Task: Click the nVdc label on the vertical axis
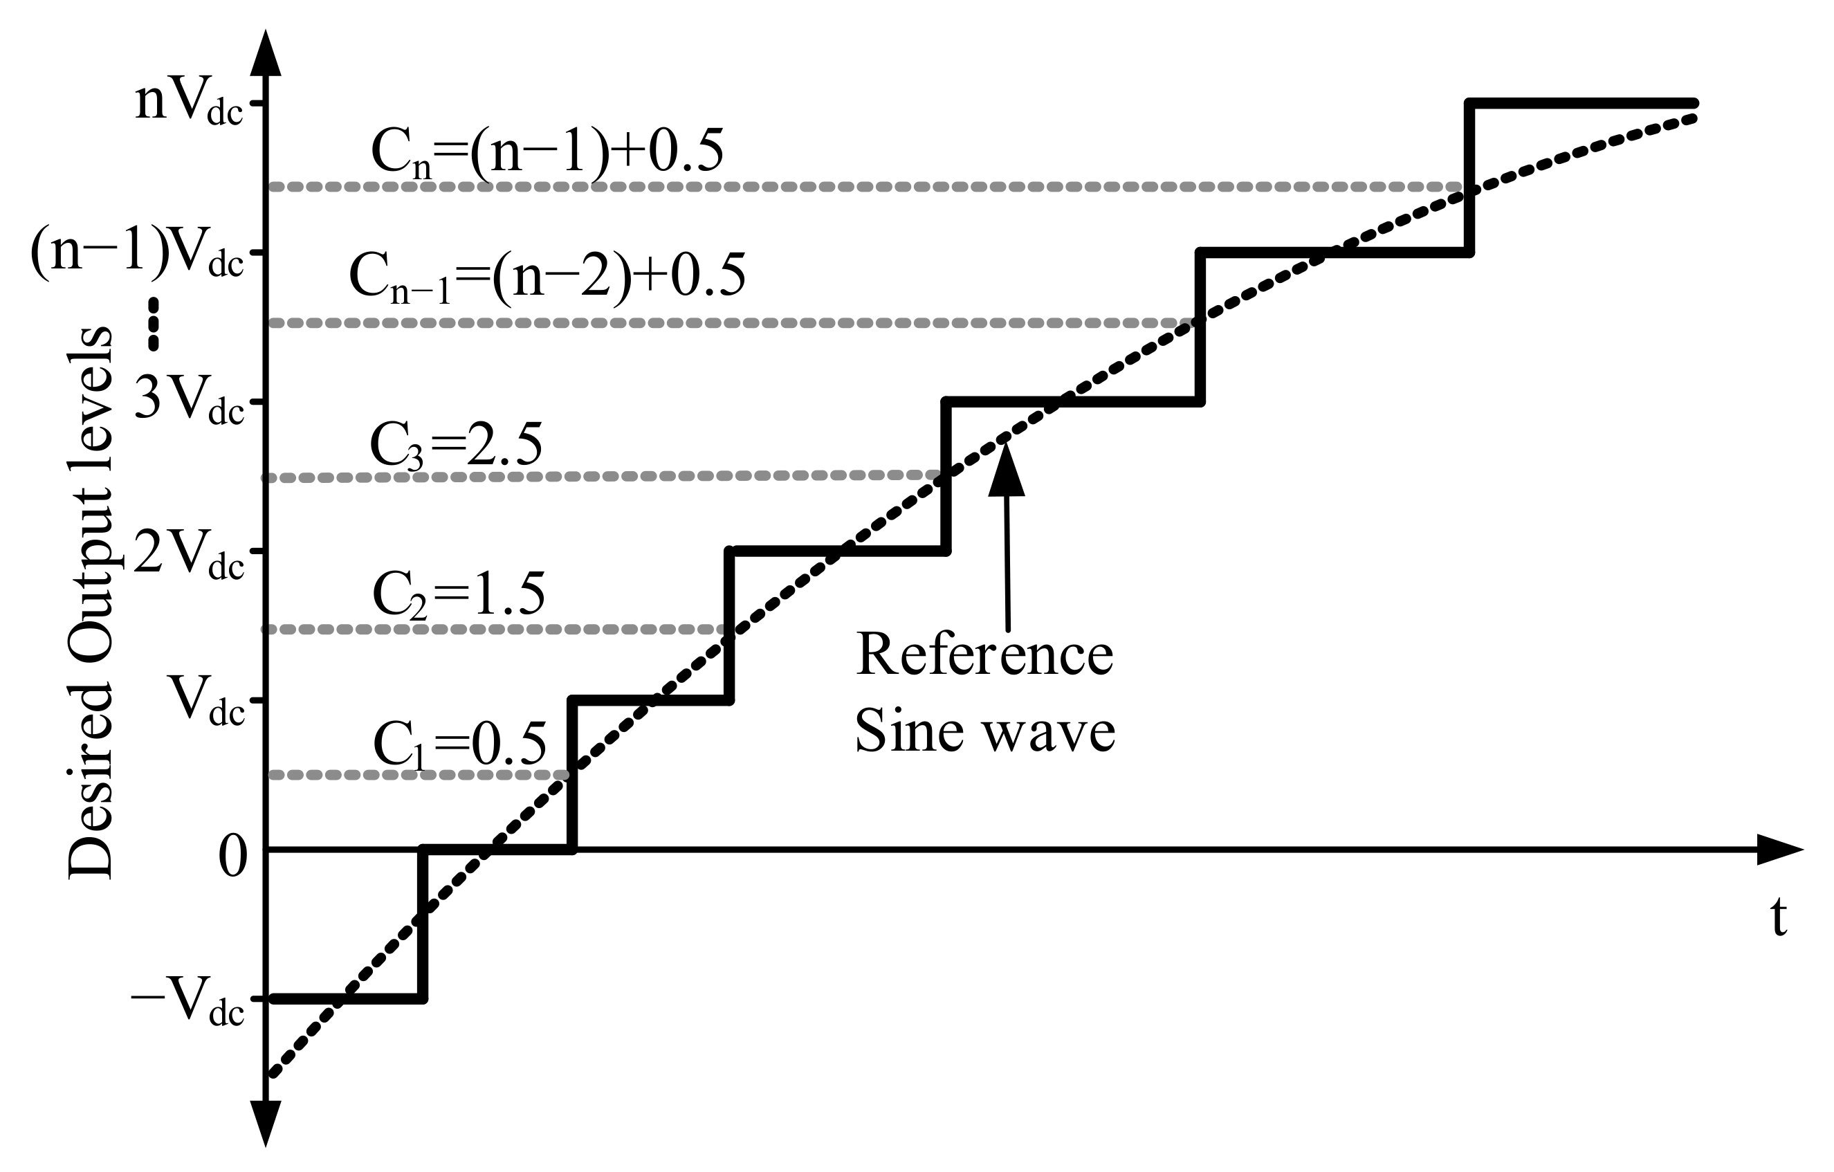pos(188,104)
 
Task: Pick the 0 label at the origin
pos(233,856)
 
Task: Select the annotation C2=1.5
pos(459,595)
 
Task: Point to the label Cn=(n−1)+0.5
pos(547,153)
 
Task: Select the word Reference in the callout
pos(984,655)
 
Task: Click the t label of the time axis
pos(1778,917)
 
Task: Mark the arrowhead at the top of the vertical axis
pos(266,53)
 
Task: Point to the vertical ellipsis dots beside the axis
pos(154,324)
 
